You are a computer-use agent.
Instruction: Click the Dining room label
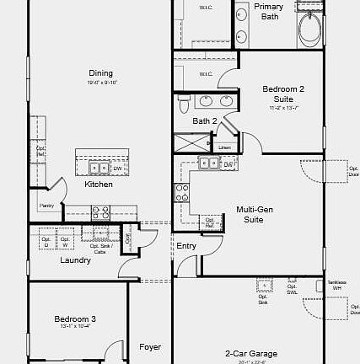[x=100, y=73]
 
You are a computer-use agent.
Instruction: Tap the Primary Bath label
[x=269, y=11]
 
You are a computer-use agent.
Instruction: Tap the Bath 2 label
[x=205, y=121]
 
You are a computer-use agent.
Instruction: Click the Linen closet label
[x=224, y=147]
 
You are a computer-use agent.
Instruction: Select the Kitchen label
[x=99, y=185]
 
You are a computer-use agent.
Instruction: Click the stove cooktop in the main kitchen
[x=100, y=213]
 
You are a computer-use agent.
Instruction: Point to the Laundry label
[x=75, y=260]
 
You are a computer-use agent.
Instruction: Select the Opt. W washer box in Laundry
[x=65, y=240]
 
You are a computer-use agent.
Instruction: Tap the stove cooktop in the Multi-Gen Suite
[x=180, y=193]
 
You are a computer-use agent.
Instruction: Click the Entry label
[x=186, y=246]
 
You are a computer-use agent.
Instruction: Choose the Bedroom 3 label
[x=75, y=319]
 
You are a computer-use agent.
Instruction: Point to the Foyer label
[x=150, y=347]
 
